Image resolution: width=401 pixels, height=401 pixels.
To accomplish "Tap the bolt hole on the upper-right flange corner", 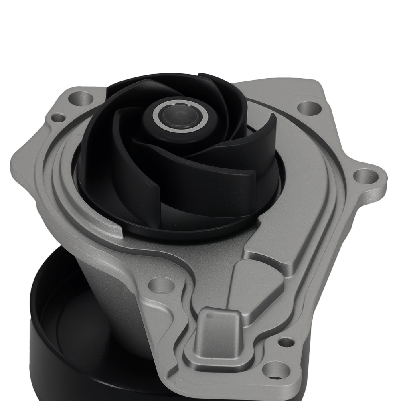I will pos(308,107).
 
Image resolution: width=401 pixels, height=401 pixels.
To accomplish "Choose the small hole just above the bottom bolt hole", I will pos(285,342).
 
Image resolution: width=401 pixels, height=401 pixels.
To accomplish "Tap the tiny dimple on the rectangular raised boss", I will pos(209,316).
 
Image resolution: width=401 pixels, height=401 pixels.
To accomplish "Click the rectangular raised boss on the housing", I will pos(219,333).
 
